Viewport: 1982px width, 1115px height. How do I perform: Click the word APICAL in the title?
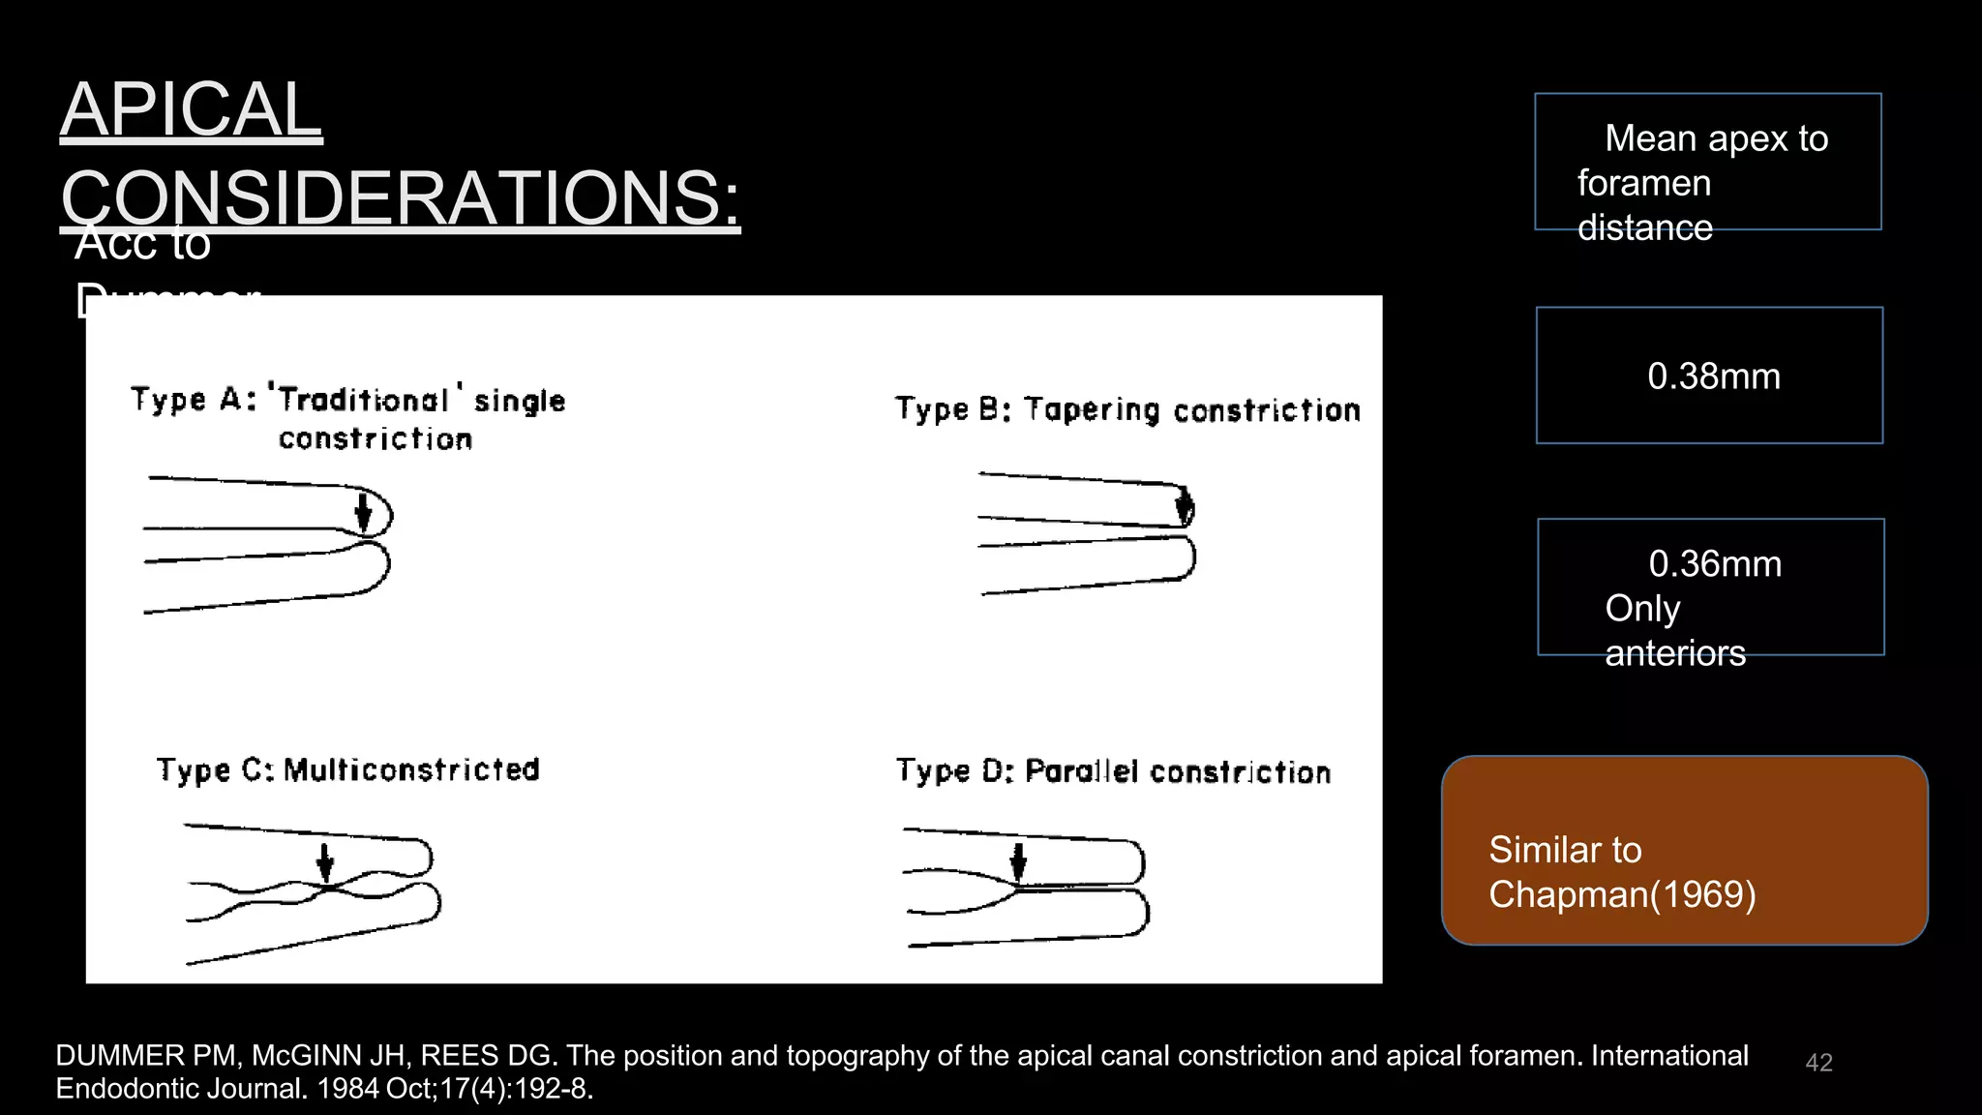(191, 109)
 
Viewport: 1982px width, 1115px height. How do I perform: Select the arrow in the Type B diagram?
(1185, 505)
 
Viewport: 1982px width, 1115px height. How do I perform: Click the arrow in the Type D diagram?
(1018, 861)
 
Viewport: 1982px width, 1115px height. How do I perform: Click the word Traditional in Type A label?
(364, 400)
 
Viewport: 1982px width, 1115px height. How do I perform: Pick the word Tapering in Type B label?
(1092, 409)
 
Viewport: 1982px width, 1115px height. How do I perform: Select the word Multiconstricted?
(411, 769)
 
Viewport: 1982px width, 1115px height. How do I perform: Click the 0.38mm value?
(1713, 377)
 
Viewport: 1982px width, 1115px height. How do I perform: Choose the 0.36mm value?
(1714, 564)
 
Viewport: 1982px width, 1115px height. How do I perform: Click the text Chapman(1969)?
(1622, 894)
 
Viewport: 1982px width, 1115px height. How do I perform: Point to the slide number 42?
(1818, 1063)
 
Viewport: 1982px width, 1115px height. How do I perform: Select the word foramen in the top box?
(1643, 183)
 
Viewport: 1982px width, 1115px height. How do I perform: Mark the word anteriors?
(1675, 653)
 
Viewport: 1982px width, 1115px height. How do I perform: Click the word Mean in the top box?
(1650, 138)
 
